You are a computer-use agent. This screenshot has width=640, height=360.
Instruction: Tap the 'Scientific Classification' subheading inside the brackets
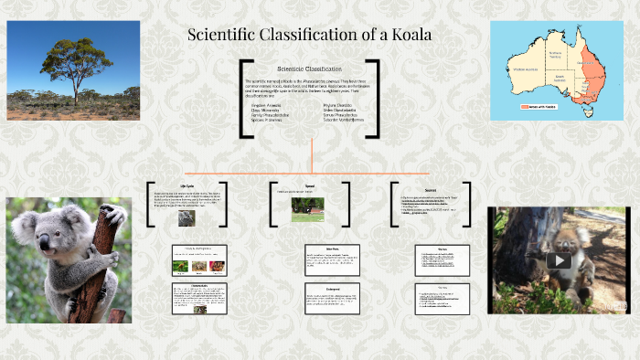[309, 69]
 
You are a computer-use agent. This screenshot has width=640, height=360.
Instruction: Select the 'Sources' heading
[430, 185]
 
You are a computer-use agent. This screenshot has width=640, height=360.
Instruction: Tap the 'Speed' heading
[309, 185]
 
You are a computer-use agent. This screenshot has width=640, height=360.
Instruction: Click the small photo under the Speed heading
[307, 208]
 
